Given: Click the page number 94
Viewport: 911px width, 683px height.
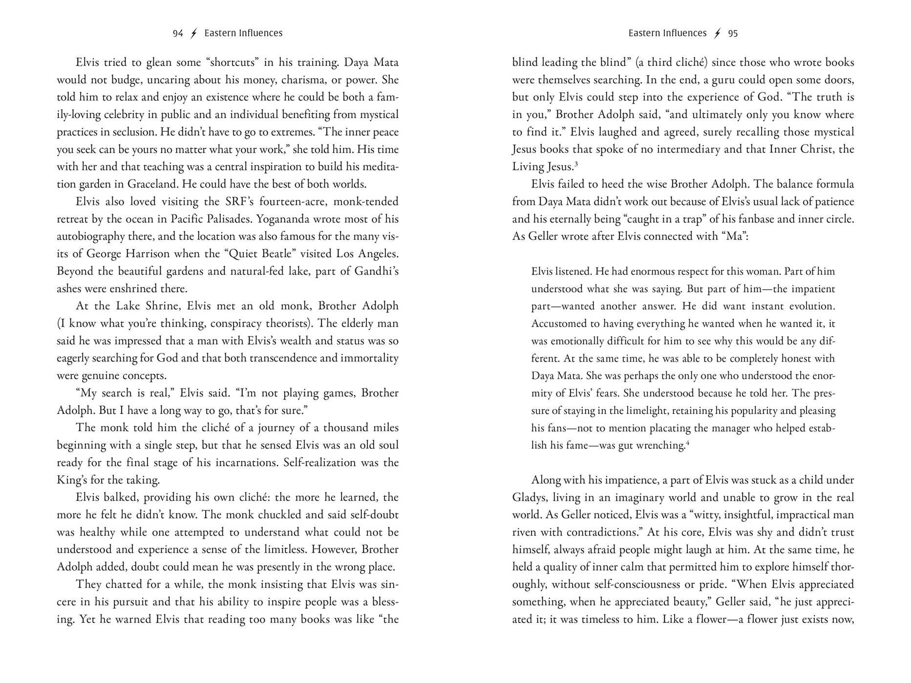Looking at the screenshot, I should (x=178, y=33).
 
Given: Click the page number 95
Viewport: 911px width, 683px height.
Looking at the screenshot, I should (x=733, y=33).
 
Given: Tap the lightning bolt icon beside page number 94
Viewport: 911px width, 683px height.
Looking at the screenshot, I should (x=194, y=33).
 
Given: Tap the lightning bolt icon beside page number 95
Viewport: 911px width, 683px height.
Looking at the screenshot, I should (x=717, y=33).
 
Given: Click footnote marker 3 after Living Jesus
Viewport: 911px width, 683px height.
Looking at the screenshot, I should (x=576, y=164).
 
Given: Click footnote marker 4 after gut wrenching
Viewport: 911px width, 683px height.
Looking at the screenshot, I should (x=687, y=443).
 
